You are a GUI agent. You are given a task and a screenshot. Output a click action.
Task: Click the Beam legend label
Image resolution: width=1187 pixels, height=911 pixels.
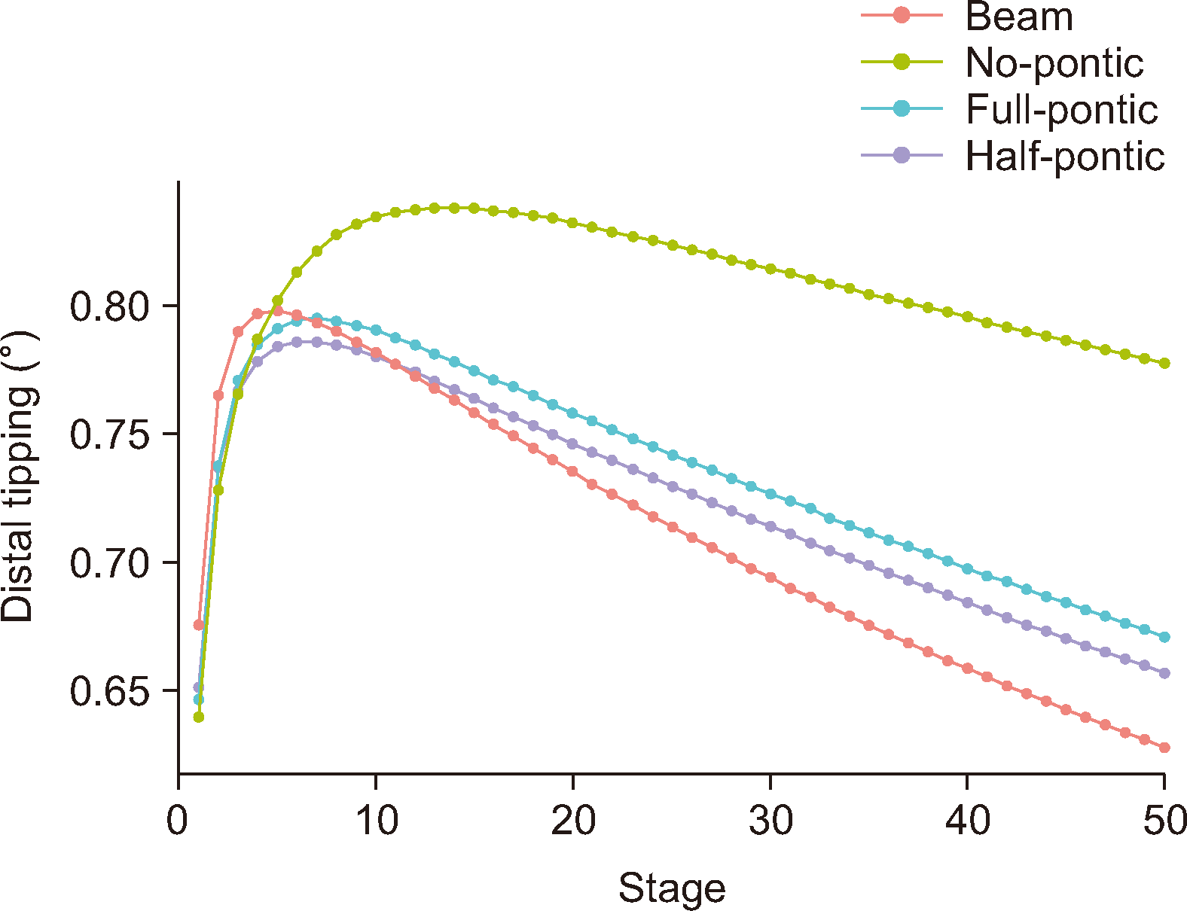pos(1019,17)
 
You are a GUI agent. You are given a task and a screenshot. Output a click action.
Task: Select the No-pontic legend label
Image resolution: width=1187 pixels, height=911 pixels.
pos(1054,62)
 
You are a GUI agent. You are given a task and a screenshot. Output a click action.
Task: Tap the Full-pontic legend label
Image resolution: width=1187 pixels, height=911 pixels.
pos(1061,109)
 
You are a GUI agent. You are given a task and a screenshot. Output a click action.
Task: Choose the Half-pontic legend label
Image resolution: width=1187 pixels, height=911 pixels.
pos(1065,156)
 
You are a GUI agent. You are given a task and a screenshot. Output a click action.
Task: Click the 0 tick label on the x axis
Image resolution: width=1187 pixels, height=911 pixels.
pos(178,821)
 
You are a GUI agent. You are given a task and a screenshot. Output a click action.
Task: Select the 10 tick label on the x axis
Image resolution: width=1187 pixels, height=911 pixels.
pos(376,821)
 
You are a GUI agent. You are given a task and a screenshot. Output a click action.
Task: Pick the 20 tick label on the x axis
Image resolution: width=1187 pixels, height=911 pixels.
pos(573,821)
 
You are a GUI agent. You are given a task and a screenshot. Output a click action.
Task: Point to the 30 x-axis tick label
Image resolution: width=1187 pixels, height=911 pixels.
pos(770,821)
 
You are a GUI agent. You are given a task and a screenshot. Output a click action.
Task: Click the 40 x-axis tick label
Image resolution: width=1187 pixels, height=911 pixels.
pos(968,821)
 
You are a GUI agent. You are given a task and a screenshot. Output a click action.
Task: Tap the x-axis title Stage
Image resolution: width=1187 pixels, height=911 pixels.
pos(672,888)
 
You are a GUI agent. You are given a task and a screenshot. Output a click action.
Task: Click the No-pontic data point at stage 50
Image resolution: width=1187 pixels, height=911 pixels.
pos(1164,363)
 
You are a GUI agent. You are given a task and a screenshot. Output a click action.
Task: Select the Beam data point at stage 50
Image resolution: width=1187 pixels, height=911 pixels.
pos(1164,748)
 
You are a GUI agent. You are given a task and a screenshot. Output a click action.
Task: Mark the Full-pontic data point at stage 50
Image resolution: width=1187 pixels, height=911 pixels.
pos(1164,637)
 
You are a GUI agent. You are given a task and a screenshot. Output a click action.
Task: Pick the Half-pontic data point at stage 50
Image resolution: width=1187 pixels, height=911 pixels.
pos(1164,673)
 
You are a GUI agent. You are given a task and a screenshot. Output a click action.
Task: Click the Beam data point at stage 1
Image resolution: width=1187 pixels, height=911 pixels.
pos(199,625)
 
